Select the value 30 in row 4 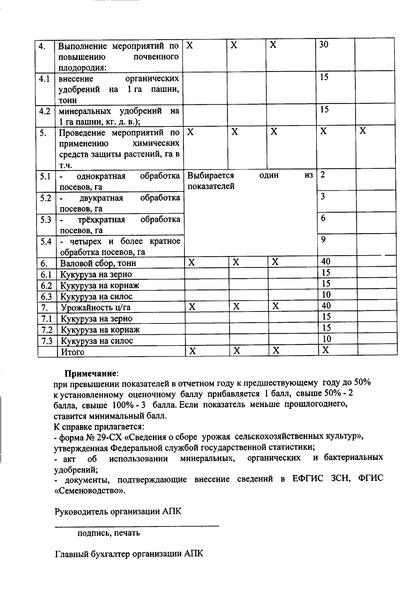point(324,44)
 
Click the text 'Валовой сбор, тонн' point(98,263)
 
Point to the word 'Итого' point(73,352)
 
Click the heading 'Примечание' point(92,373)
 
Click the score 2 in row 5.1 point(323,174)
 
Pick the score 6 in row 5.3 point(323,218)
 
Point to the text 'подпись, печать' point(108,533)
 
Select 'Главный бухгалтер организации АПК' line point(129,554)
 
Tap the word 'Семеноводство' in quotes point(90,490)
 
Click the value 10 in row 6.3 point(326,294)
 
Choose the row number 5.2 point(45,198)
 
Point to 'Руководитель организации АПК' point(118,511)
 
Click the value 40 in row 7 point(326,306)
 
